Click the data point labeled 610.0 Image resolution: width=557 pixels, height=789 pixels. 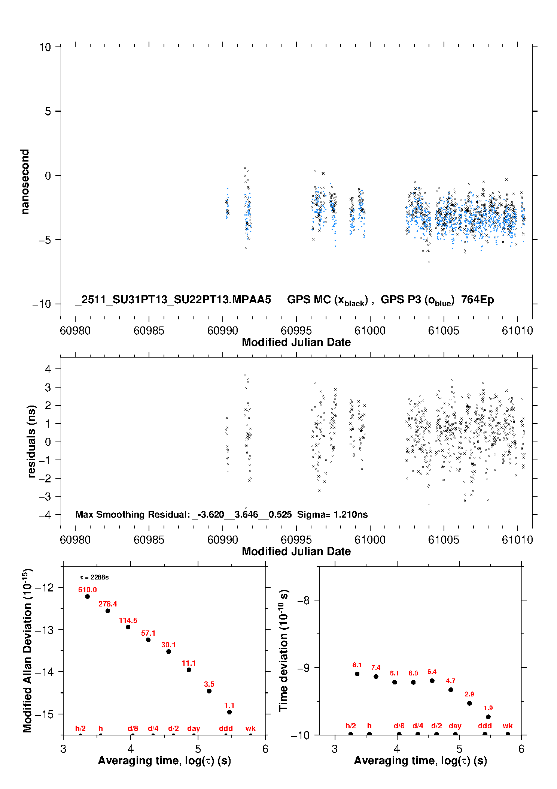[88, 596]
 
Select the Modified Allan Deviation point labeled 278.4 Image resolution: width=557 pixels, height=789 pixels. [108, 611]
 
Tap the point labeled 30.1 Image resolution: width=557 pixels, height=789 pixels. [168, 651]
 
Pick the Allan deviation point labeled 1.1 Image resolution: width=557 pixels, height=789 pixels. [229, 712]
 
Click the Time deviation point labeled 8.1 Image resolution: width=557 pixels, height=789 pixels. [357, 674]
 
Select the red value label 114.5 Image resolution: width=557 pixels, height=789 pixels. [128, 620]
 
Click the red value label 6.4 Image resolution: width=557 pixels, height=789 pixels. [432, 672]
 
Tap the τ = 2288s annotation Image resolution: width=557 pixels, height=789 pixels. [94, 577]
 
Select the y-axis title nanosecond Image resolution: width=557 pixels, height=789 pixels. [25, 182]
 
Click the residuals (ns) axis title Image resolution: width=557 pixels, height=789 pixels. [31, 441]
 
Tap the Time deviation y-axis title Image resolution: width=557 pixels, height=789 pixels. [283, 650]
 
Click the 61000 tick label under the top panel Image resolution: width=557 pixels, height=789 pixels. [370, 331]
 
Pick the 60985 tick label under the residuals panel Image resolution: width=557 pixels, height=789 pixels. [149, 540]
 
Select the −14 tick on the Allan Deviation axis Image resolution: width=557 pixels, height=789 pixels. [44, 672]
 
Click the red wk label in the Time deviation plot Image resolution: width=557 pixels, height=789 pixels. [508, 726]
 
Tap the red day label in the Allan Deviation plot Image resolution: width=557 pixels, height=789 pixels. [194, 728]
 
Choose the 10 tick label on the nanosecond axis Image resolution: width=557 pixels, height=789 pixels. [45, 47]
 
